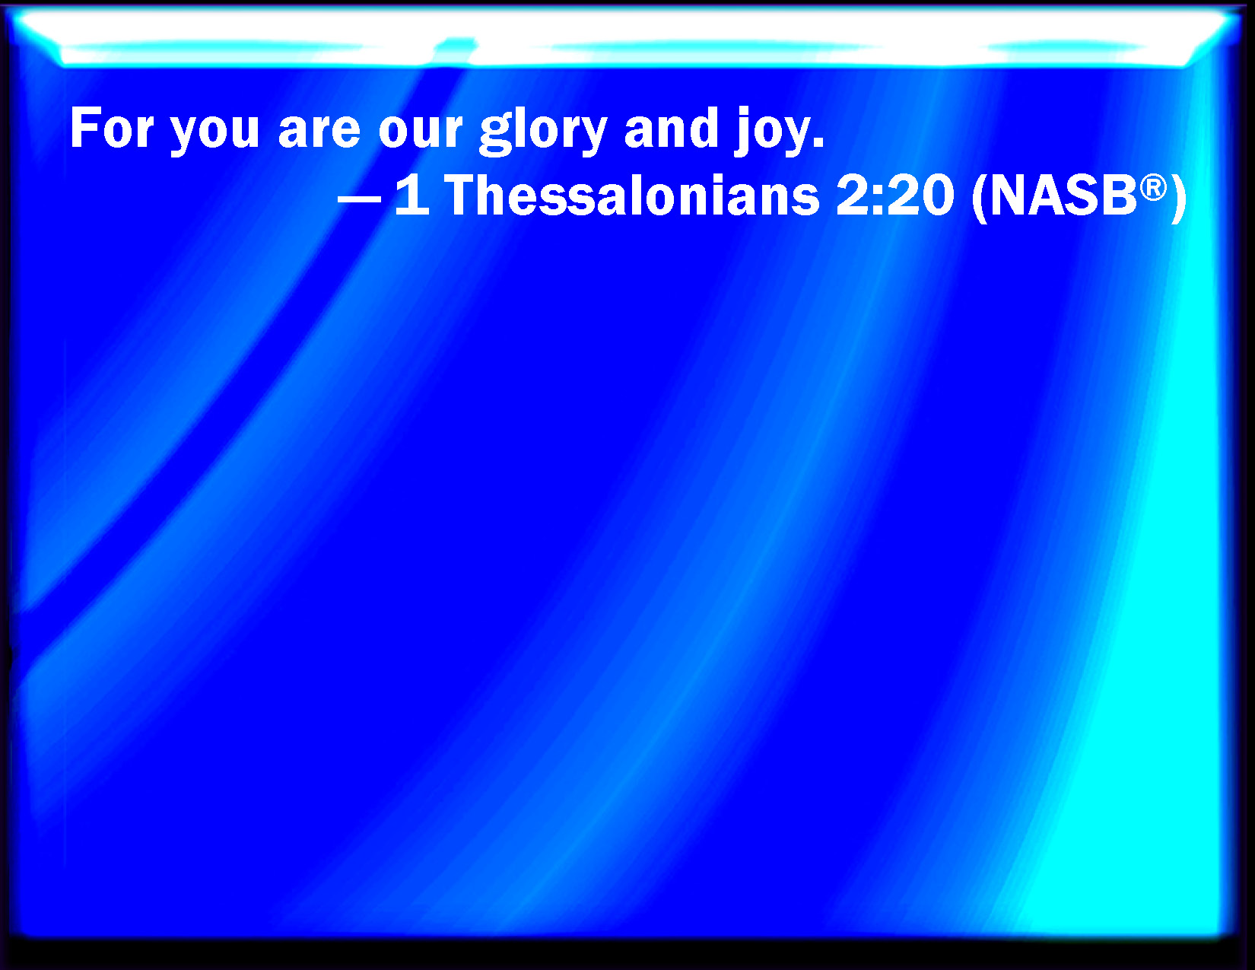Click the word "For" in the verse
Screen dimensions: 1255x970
pos(112,128)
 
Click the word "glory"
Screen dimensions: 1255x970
pos(544,131)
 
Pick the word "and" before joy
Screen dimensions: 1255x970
pos(672,128)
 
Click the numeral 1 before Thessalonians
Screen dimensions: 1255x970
pos(413,195)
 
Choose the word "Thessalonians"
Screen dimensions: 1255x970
pos(632,195)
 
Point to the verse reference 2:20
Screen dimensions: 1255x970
pos(894,195)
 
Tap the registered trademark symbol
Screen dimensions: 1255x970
pos(1154,189)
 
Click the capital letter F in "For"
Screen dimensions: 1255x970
pos(84,128)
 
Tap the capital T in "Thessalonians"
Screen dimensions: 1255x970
pos(463,195)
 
